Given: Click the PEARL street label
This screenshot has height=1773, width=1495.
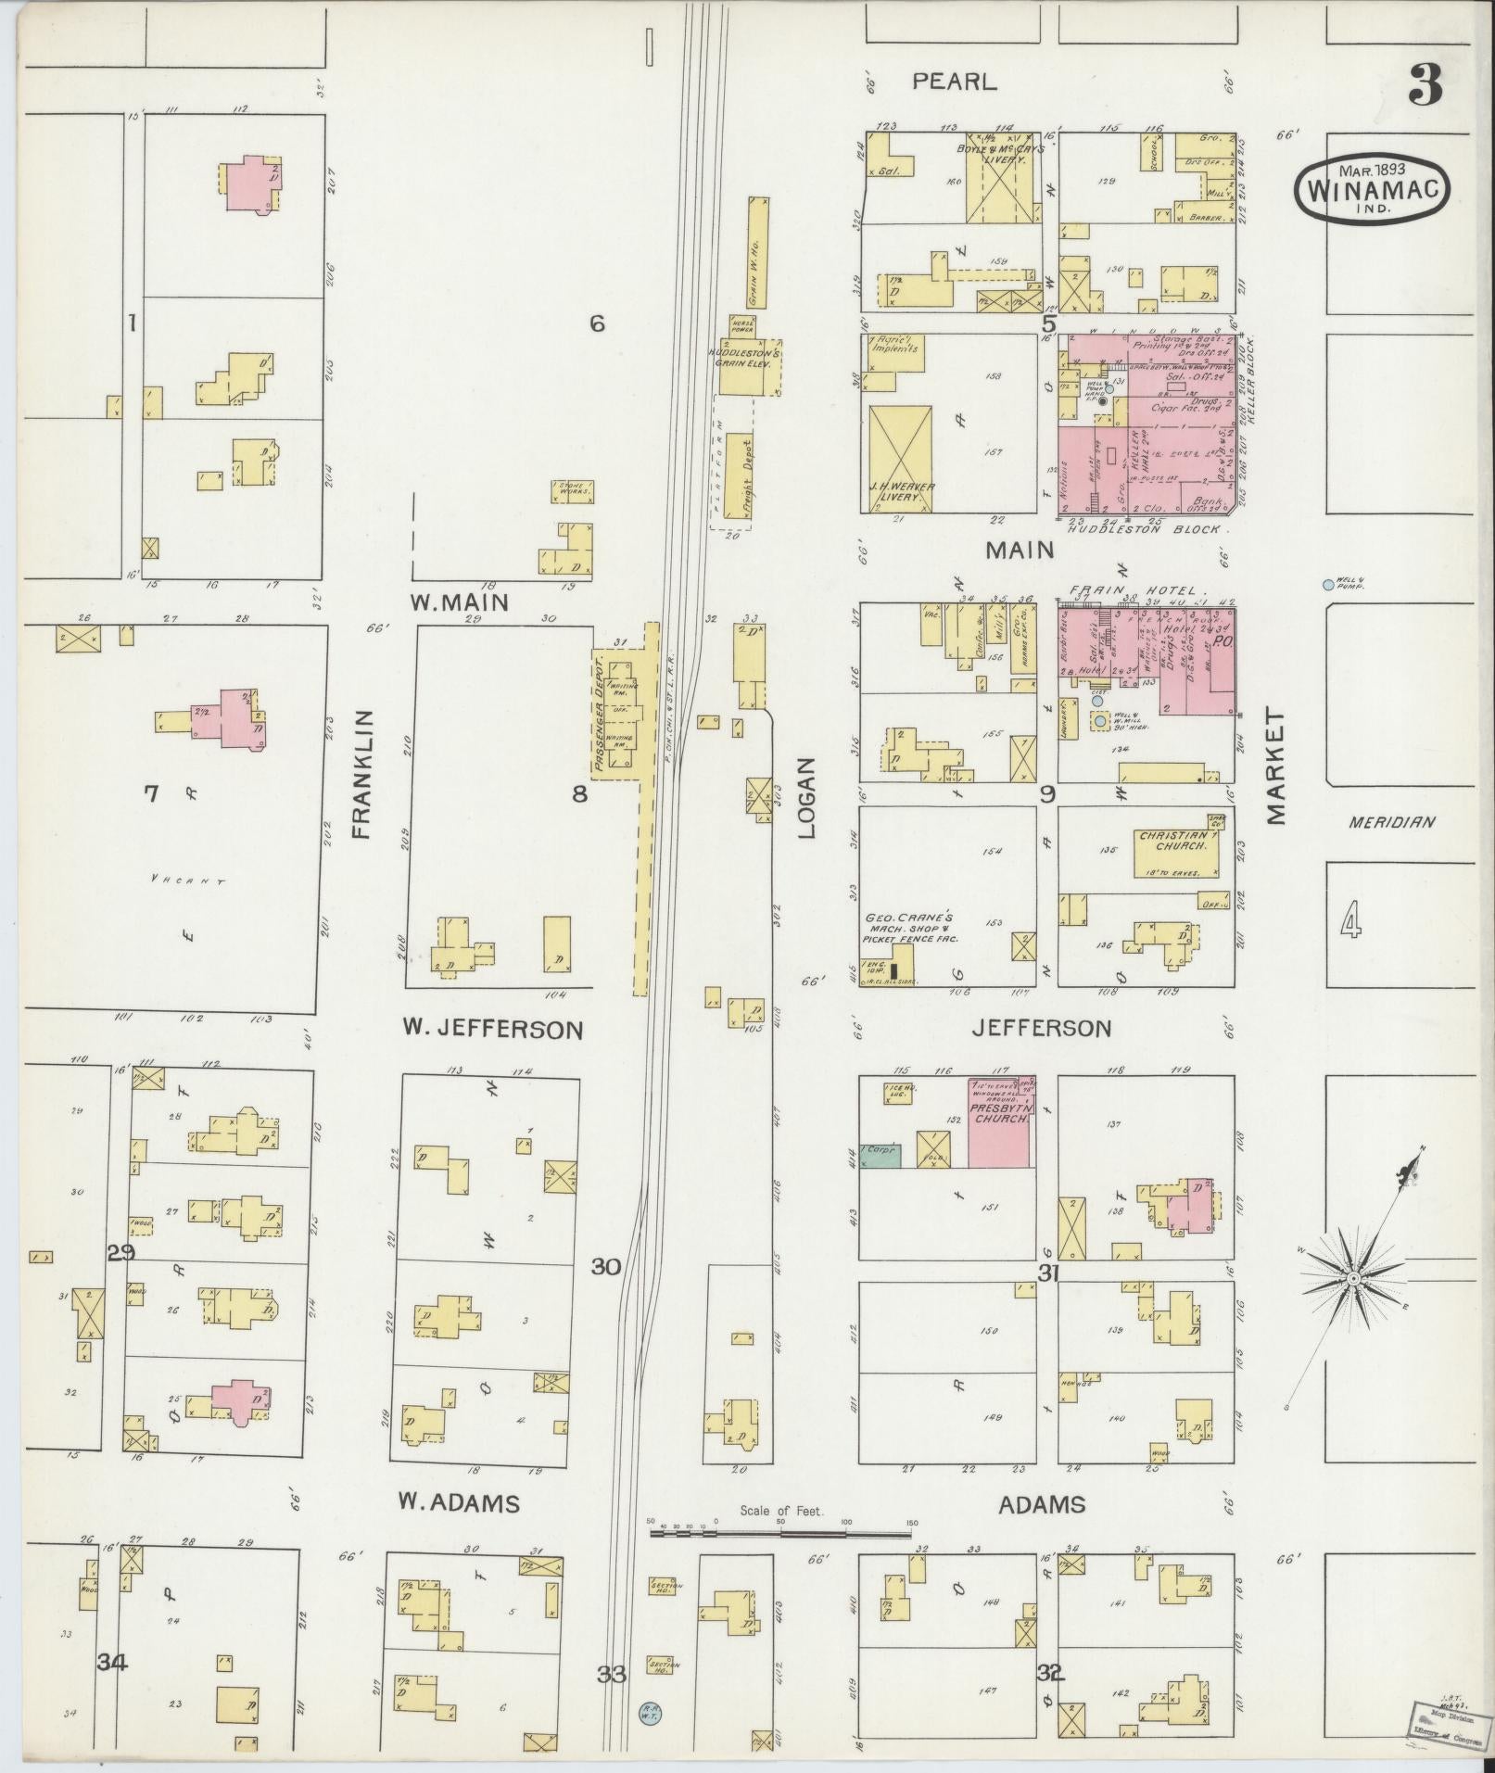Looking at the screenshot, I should tap(954, 82).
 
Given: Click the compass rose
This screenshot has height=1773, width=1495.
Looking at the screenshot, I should tap(1352, 1278).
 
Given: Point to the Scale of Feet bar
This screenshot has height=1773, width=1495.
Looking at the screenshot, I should tap(781, 1533).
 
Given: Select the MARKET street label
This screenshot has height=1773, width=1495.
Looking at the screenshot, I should tap(1276, 767).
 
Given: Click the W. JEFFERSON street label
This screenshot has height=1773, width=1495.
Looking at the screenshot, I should tap(492, 1029).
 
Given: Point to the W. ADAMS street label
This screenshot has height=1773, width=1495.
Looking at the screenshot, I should tap(458, 1502).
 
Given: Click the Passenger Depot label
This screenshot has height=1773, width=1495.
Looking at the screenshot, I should tap(599, 715).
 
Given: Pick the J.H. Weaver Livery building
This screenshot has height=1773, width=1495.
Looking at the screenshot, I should tap(902, 459).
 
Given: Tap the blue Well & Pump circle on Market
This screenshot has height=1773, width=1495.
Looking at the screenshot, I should tap(1328, 585).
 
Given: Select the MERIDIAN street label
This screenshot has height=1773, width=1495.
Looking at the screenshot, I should tap(1392, 821).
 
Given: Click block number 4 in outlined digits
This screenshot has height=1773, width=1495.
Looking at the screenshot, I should tap(1351, 922).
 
